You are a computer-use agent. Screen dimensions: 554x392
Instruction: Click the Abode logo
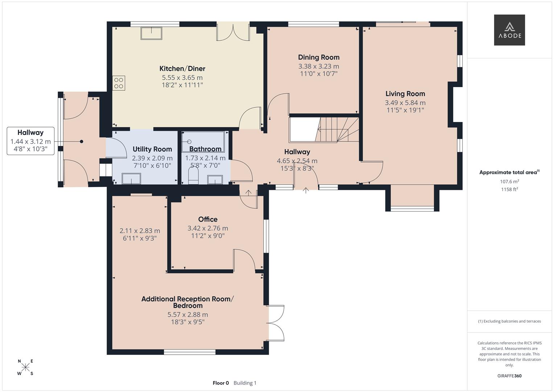click(509, 30)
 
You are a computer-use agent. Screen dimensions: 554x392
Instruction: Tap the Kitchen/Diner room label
click(182, 69)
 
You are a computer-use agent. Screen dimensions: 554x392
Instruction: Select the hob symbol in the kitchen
click(119, 83)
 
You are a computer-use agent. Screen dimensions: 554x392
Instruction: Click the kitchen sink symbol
click(151, 33)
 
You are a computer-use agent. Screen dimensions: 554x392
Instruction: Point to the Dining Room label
click(319, 57)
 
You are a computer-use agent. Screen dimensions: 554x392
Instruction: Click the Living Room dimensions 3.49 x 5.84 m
click(405, 103)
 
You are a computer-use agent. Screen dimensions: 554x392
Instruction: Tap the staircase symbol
click(337, 130)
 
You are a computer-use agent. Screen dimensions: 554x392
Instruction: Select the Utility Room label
click(152, 149)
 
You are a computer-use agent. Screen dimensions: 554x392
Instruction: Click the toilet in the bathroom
click(193, 175)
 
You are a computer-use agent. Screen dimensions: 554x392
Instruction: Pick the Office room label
click(208, 219)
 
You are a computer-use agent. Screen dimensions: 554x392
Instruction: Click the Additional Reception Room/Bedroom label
click(188, 302)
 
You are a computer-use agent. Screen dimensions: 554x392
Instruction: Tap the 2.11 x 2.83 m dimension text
click(140, 231)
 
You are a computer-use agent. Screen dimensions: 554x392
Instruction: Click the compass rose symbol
click(25, 367)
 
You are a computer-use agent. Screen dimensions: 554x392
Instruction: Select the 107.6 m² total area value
click(509, 181)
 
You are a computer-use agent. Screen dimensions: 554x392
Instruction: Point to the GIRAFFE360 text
click(509, 376)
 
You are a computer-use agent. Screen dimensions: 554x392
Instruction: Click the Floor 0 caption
click(221, 383)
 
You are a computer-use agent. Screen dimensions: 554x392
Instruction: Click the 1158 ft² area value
click(509, 189)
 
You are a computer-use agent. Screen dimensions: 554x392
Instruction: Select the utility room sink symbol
click(131, 179)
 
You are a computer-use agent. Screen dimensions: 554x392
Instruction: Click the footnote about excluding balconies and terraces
click(509, 321)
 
